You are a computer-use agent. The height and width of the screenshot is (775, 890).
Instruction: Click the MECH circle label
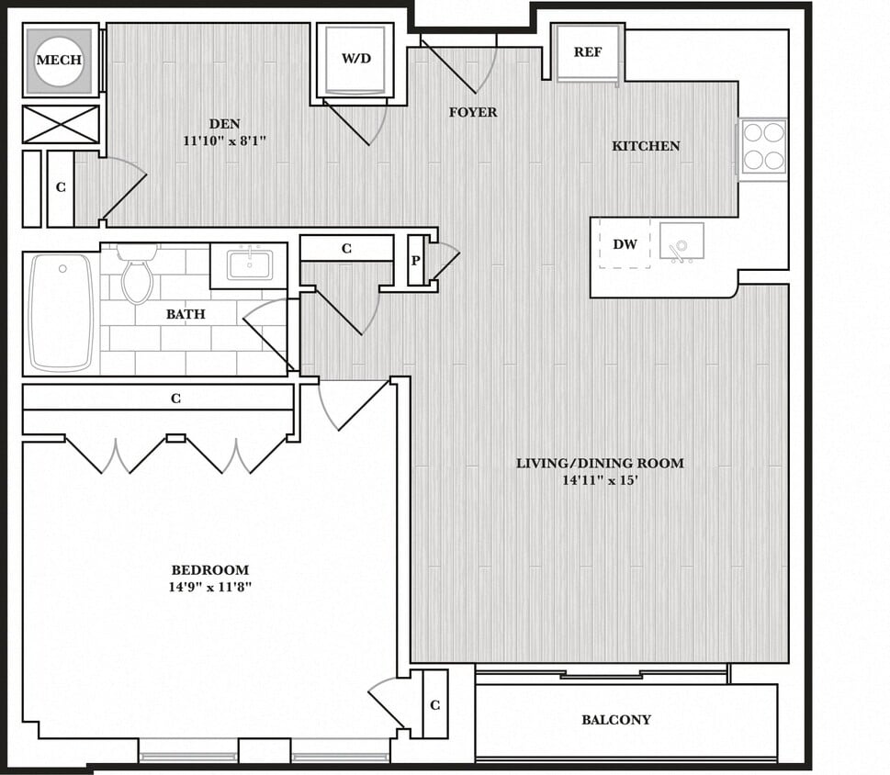59,61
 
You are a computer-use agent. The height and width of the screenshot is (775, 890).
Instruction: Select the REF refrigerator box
588,52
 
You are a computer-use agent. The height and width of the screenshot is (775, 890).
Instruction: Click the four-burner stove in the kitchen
763,146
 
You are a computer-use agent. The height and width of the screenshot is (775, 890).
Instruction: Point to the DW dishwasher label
625,245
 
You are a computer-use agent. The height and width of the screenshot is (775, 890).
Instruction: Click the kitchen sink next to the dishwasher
681,242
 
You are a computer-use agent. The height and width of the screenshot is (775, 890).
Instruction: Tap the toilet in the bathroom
137,275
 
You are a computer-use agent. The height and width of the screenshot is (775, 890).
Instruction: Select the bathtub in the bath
61,312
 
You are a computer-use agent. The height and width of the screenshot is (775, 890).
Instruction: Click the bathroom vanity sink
249,265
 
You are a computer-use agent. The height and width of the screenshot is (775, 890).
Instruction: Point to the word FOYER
473,112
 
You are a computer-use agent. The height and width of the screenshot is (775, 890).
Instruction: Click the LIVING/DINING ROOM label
600,463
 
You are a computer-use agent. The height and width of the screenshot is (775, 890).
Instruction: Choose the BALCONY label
616,720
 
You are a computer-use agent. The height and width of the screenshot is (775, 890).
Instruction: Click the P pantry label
416,261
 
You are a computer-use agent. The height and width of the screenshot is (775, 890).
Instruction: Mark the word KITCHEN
647,146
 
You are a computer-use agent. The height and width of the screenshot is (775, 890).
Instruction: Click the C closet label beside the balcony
434,705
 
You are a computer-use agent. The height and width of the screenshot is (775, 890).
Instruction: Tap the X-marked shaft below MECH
61,124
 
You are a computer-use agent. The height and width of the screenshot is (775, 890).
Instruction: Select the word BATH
186,314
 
